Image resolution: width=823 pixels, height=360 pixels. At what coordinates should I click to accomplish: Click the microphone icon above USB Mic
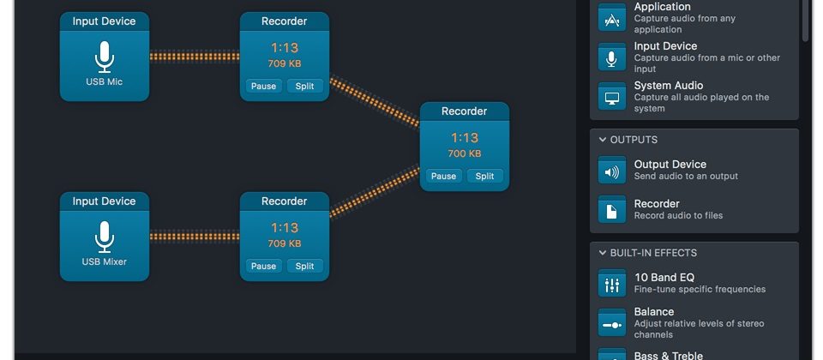coord(105,57)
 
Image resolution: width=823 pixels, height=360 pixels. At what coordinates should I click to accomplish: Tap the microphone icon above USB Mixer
coord(105,237)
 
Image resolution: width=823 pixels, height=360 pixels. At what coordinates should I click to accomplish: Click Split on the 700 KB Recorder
coord(484,177)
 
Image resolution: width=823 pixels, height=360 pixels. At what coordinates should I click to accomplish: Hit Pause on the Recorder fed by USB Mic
coord(263,86)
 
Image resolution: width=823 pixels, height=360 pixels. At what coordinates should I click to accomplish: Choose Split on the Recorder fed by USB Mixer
coord(304,266)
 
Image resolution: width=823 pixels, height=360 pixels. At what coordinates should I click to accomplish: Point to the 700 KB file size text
coord(464,153)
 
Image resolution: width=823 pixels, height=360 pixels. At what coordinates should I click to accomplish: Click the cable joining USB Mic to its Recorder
coord(195,57)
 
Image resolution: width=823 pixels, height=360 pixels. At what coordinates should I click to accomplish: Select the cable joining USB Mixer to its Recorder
coord(195,236)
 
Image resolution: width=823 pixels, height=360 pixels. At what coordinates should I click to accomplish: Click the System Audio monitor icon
coord(612,97)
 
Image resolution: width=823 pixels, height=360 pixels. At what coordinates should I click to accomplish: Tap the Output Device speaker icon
coord(612,171)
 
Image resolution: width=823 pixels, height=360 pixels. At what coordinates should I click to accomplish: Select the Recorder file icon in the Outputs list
coord(612,210)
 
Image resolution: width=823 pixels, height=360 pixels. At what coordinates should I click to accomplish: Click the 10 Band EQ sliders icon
coord(612,284)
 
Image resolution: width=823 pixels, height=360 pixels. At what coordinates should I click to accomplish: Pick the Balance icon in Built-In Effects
coord(612,323)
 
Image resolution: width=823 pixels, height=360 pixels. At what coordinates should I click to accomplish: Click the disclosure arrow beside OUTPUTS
coord(603,140)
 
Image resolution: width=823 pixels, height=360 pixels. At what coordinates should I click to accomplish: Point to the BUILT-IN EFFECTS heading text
coord(653,253)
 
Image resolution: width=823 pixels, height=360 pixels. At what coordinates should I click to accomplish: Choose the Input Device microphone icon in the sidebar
coord(612,57)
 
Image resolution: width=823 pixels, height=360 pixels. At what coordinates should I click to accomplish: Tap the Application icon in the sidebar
coord(612,18)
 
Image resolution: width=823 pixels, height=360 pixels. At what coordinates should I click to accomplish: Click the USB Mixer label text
coord(105,261)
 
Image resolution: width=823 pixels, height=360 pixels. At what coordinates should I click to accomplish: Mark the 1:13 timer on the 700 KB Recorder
coord(464,138)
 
